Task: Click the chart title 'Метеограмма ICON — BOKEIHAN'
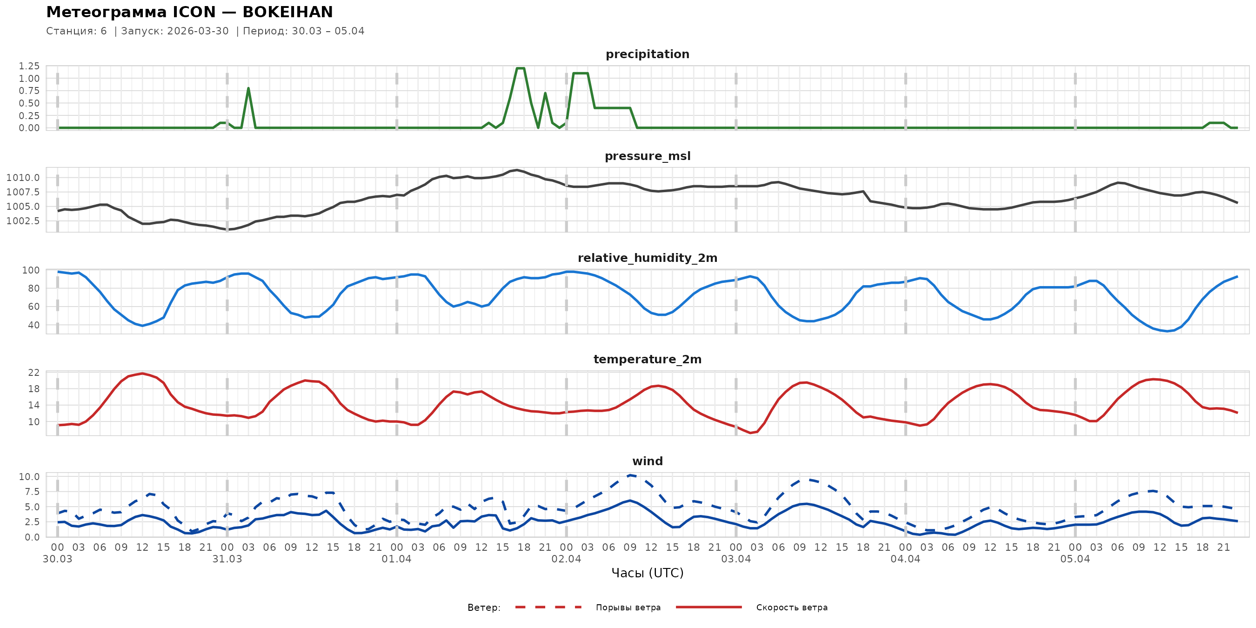[x=189, y=12]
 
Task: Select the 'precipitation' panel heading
[x=647, y=54]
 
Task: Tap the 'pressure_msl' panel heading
[x=647, y=156]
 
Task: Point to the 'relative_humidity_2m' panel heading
[x=647, y=258]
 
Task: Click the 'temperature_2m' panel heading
[x=647, y=359]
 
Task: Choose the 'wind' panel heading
[x=647, y=461]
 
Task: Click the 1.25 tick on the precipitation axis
[x=29, y=66]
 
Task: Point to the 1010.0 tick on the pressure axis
[x=23, y=178]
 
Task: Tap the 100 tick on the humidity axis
[x=31, y=270]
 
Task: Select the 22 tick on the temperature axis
[x=33, y=373]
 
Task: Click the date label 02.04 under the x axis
[x=566, y=559]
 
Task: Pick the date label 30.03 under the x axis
[x=58, y=559]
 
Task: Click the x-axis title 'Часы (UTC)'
[x=647, y=573]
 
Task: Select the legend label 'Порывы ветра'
[x=628, y=608]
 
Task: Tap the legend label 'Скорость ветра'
[x=791, y=608]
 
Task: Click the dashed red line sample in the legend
[x=548, y=607]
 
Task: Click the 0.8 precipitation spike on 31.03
[x=248, y=88]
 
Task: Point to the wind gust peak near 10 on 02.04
[x=630, y=475]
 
